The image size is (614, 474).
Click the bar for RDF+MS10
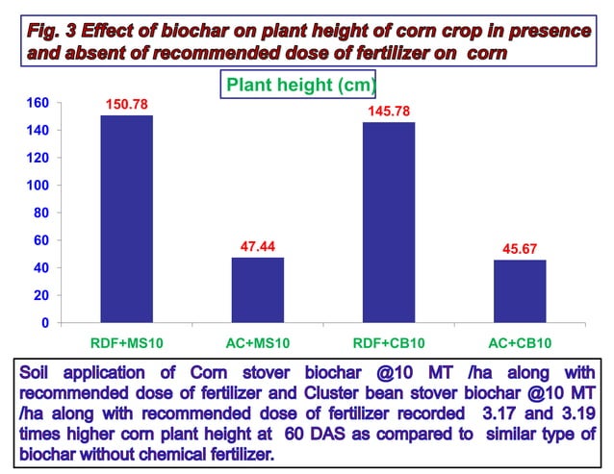coord(126,219)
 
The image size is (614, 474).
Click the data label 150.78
coord(126,104)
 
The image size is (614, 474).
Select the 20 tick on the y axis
coord(41,295)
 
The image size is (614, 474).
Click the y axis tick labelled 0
coord(44,323)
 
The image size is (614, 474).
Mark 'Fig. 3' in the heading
coord(52,30)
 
